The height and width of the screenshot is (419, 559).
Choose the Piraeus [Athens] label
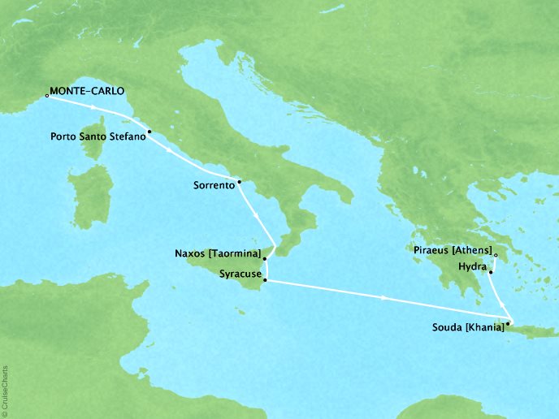coord(450,252)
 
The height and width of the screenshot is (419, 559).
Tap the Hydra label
coord(473,266)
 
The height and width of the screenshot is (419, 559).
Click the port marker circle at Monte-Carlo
coord(47,96)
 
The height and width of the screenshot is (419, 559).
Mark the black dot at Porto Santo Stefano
coord(149,131)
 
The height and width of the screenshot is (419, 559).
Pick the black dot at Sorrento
coord(239,181)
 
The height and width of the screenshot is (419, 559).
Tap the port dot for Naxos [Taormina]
coord(265,260)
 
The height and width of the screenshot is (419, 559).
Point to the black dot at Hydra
coord(491,273)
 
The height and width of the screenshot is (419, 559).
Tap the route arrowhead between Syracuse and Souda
coord(383,299)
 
